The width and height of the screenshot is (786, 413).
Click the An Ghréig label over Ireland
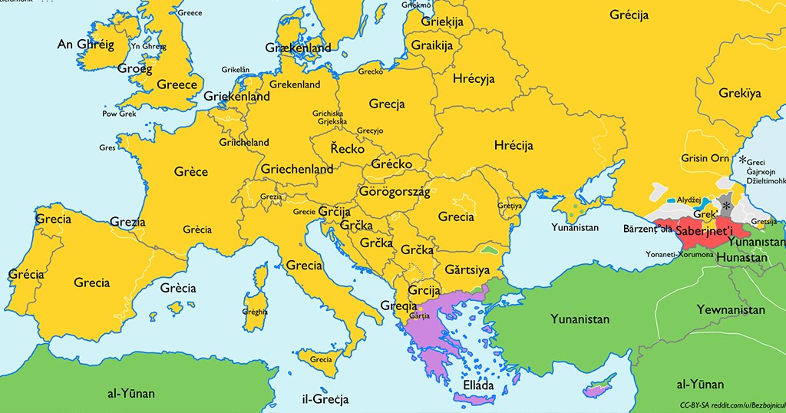pos(86,45)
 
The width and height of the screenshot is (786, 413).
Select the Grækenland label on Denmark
pos(297,48)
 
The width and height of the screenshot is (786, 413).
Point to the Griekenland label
pos(236,97)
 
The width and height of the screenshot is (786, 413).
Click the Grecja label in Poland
pos(387,104)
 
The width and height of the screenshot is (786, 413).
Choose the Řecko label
pos(347,149)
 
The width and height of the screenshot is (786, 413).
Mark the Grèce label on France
pos(190,171)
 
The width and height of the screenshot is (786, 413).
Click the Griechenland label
pos(297,169)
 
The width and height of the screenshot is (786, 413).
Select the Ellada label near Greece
pos(478,385)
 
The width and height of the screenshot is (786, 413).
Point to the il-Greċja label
pos(325,399)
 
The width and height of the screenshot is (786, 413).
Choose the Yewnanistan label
pos(731,310)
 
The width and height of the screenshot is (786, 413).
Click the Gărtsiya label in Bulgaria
pos(467,270)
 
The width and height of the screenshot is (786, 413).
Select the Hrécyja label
pos(474,79)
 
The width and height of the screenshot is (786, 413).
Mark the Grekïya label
pos(740,94)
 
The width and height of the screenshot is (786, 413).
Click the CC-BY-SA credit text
pos(731,405)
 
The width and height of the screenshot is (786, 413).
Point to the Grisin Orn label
pos(705,158)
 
